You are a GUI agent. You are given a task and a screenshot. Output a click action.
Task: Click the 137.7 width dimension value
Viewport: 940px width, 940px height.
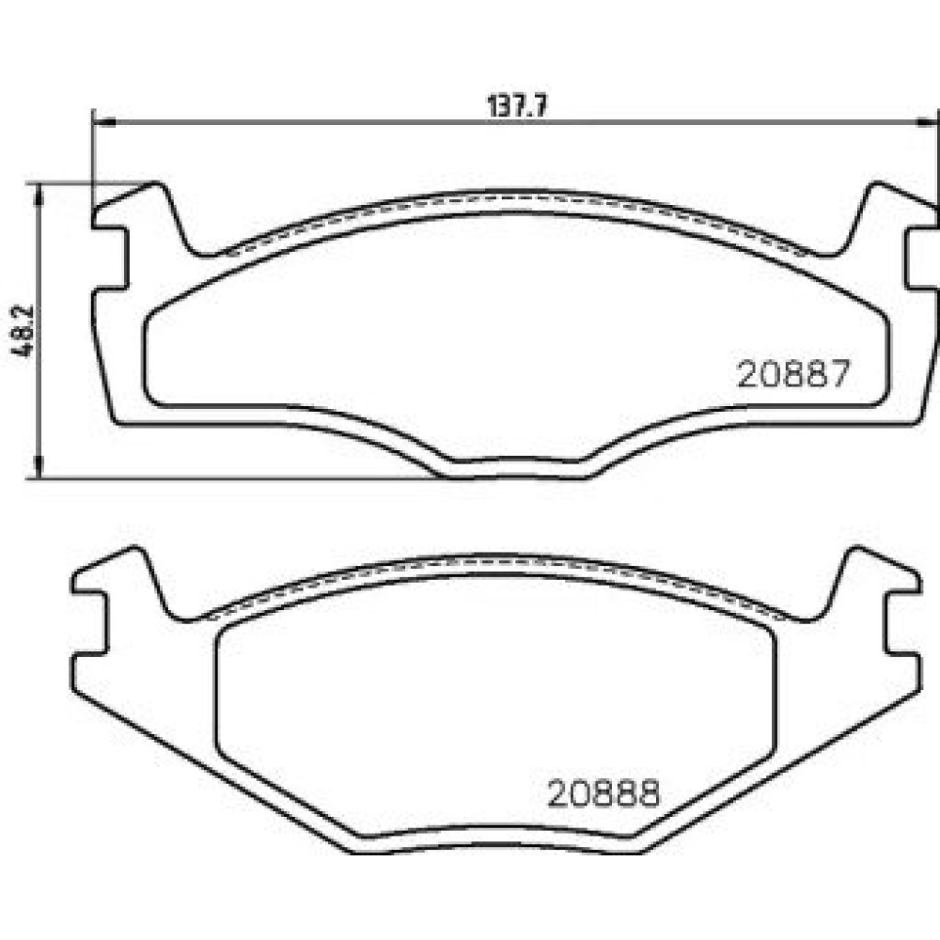[517, 107]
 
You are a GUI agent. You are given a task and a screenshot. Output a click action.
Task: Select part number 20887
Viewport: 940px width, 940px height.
[793, 374]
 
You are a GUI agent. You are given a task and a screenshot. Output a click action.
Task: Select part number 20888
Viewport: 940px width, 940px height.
[603, 793]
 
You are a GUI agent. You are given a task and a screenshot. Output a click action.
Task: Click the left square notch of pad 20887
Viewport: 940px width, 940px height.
[111, 258]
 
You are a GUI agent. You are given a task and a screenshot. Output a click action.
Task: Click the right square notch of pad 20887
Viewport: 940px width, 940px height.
[921, 258]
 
